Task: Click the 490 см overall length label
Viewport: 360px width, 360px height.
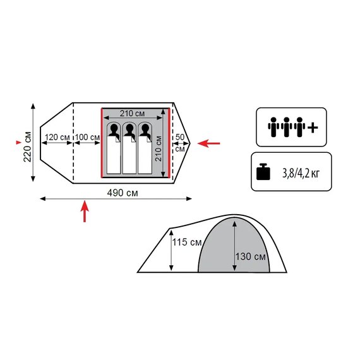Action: [123, 193]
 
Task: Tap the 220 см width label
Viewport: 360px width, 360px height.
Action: [28, 147]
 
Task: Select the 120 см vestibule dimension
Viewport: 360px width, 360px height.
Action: [57, 137]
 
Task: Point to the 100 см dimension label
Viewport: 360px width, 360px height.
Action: [88, 137]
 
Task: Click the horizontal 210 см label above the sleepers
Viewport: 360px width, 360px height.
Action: [132, 113]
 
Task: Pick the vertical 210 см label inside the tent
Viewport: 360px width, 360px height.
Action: [159, 148]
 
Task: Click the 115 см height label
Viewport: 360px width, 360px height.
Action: [187, 242]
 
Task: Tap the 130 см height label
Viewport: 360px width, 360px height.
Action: [251, 256]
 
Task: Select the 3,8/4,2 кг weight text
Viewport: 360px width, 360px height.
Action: [301, 174]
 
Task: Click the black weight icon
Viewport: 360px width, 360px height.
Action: [263, 172]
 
